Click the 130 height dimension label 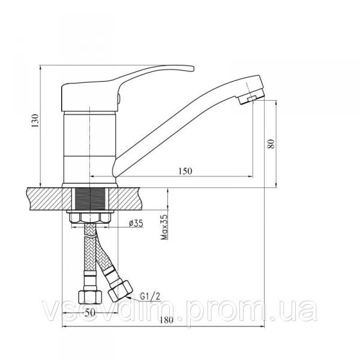(35, 121)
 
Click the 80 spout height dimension (271, 144)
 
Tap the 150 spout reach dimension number (185, 171)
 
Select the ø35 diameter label (136, 223)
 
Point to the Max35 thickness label (164, 227)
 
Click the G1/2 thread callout (150, 296)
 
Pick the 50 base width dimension (89, 313)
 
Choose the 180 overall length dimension (167, 320)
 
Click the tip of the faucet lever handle (193, 68)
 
